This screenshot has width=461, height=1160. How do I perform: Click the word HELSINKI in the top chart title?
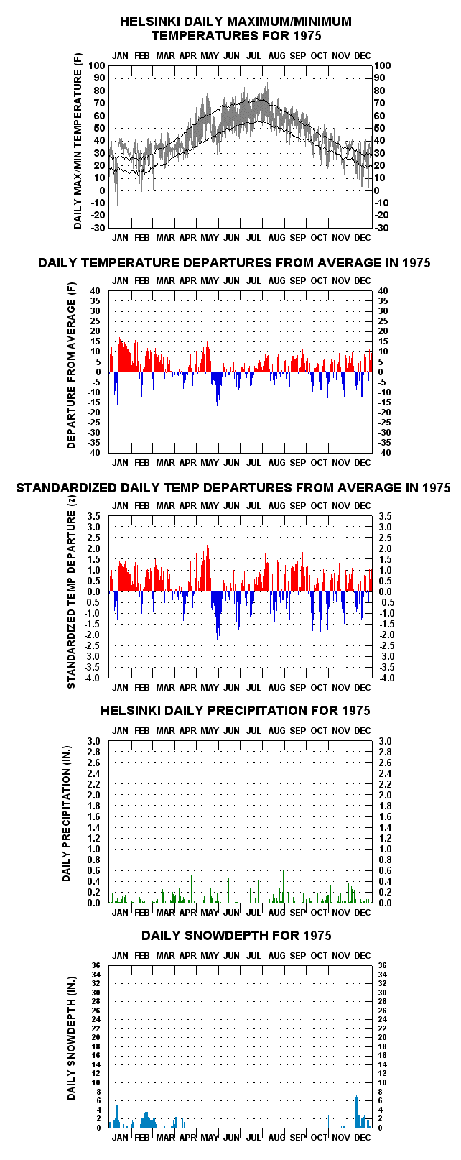(x=149, y=22)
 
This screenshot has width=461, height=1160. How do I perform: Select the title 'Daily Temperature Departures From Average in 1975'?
(x=234, y=263)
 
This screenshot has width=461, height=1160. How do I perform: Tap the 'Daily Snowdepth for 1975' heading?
(x=236, y=935)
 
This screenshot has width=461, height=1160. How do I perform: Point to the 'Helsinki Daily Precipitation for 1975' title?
(x=235, y=711)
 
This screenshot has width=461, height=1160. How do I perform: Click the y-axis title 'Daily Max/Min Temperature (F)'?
(x=78, y=149)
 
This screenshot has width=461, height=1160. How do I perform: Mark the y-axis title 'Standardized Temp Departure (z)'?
(x=71, y=599)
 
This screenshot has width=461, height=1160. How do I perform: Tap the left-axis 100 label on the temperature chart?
(x=97, y=65)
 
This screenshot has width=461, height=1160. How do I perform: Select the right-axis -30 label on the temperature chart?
(x=381, y=228)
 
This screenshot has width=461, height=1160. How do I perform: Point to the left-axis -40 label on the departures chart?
(x=94, y=453)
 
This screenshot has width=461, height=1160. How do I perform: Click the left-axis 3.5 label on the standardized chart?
(x=94, y=516)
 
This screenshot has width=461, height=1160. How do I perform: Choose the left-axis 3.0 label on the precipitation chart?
(x=94, y=741)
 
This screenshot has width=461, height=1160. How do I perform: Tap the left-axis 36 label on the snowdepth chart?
(x=96, y=965)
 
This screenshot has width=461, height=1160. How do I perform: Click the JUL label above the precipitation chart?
(x=253, y=731)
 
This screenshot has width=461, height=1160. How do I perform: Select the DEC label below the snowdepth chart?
(x=362, y=1138)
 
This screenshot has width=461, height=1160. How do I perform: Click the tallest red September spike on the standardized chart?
(x=297, y=564)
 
